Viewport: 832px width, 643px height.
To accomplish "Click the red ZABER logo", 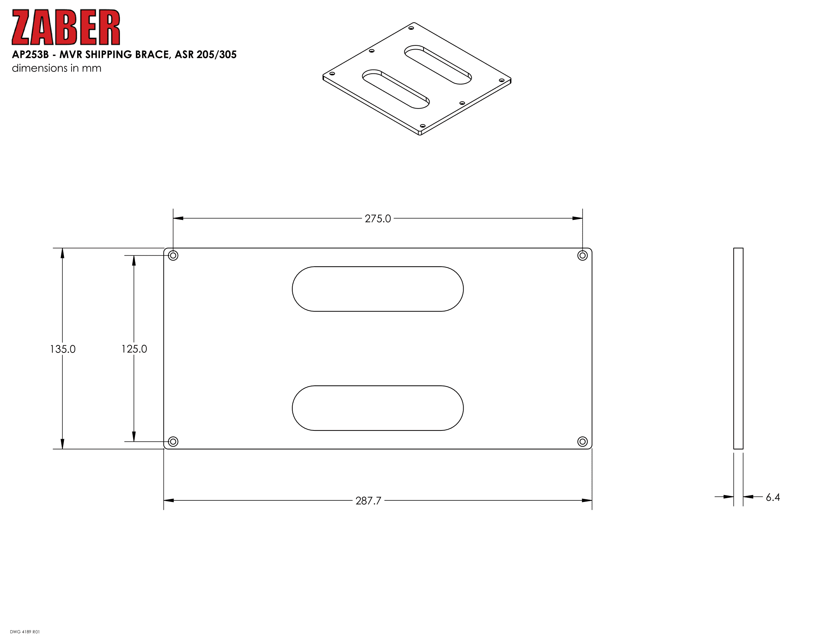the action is pyautogui.click(x=66, y=27).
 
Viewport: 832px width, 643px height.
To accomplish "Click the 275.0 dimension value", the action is pyautogui.click(x=377, y=219).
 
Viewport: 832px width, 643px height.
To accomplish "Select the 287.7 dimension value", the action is pyautogui.click(x=368, y=500).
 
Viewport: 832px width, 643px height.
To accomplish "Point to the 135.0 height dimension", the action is pyautogui.click(x=63, y=349).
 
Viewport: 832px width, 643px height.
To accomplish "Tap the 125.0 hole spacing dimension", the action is pyautogui.click(x=134, y=349).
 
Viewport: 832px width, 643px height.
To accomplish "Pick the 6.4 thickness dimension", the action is pyautogui.click(x=773, y=497).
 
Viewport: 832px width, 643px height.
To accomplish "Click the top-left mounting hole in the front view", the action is pyautogui.click(x=173, y=255).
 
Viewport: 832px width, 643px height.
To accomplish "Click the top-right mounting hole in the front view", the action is pyautogui.click(x=582, y=255).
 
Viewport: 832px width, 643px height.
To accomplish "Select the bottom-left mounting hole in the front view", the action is pyautogui.click(x=173, y=441).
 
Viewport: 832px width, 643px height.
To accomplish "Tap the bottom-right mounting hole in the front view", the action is pyautogui.click(x=582, y=441).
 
